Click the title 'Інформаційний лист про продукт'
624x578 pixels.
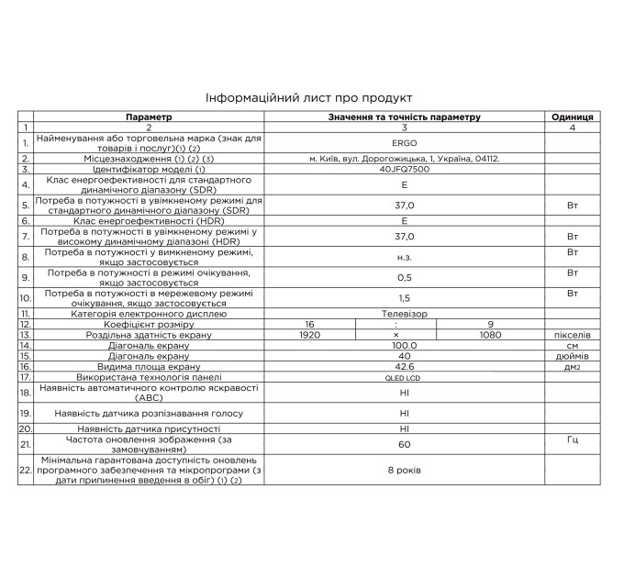pyautogui.click(x=310, y=97)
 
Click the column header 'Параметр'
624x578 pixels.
pyautogui.click(x=149, y=117)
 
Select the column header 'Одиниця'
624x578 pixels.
pyautogui.click(x=572, y=117)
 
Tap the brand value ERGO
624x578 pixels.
pyautogui.click(x=404, y=142)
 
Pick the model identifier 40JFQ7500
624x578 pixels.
pyautogui.click(x=404, y=170)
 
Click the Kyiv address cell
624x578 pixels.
pyautogui.click(x=404, y=159)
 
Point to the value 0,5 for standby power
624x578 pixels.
pyautogui.click(x=404, y=277)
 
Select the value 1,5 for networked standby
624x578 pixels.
pyautogui.click(x=404, y=298)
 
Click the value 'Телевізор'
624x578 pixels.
pyautogui.click(x=404, y=314)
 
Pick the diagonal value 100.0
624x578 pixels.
pyautogui.click(x=404, y=345)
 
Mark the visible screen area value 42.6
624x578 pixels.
pyautogui.click(x=404, y=366)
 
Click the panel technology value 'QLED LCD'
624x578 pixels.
pyautogui.click(x=404, y=377)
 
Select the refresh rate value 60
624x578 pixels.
pyautogui.click(x=404, y=444)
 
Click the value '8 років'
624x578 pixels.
pyautogui.click(x=404, y=472)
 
